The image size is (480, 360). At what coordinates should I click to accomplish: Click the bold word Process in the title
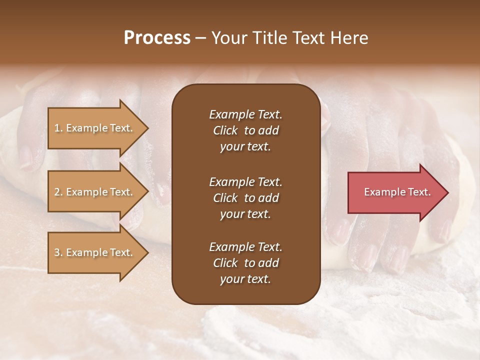[157, 38]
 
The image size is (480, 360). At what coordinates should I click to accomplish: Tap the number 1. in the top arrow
[58, 128]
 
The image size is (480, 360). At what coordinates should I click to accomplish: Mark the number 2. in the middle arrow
[58, 192]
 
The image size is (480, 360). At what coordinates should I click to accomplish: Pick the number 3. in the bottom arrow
[58, 252]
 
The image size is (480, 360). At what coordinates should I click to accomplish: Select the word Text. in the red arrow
[418, 192]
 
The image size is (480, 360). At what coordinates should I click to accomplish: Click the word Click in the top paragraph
[225, 130]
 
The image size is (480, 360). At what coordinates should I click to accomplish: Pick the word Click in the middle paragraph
[225, 198]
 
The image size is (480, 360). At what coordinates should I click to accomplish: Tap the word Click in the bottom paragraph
[225, 263]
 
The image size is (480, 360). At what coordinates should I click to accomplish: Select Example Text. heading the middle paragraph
[245, 182]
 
